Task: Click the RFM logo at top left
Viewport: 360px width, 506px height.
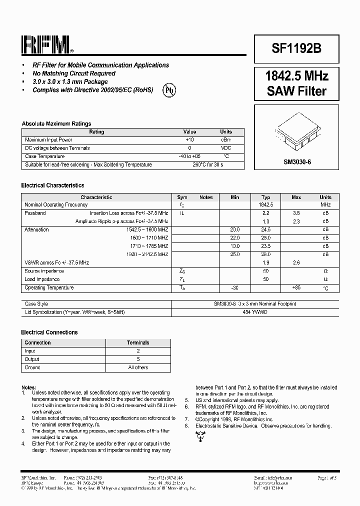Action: (x=47, y=45)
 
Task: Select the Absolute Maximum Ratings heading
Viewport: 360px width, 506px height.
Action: (x=56, y=123)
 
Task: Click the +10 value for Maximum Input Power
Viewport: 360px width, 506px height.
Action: (x=189, y=140)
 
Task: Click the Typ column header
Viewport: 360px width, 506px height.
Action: (x=266, y=197)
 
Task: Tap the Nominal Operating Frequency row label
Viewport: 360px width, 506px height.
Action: (x=56, y=204)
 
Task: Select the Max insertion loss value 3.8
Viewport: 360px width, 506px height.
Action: (x=296, y=213)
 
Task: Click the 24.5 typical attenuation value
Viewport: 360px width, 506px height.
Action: (x=266, y=229)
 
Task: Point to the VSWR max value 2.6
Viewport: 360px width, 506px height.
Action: (x=296, y=262)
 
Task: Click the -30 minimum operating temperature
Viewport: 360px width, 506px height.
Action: (x=234, y=287)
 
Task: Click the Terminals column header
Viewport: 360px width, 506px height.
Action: (x=138, y=342)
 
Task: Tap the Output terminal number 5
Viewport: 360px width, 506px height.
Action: (x=138, y=359)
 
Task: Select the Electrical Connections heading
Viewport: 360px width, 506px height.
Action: (x=49, y=332)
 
